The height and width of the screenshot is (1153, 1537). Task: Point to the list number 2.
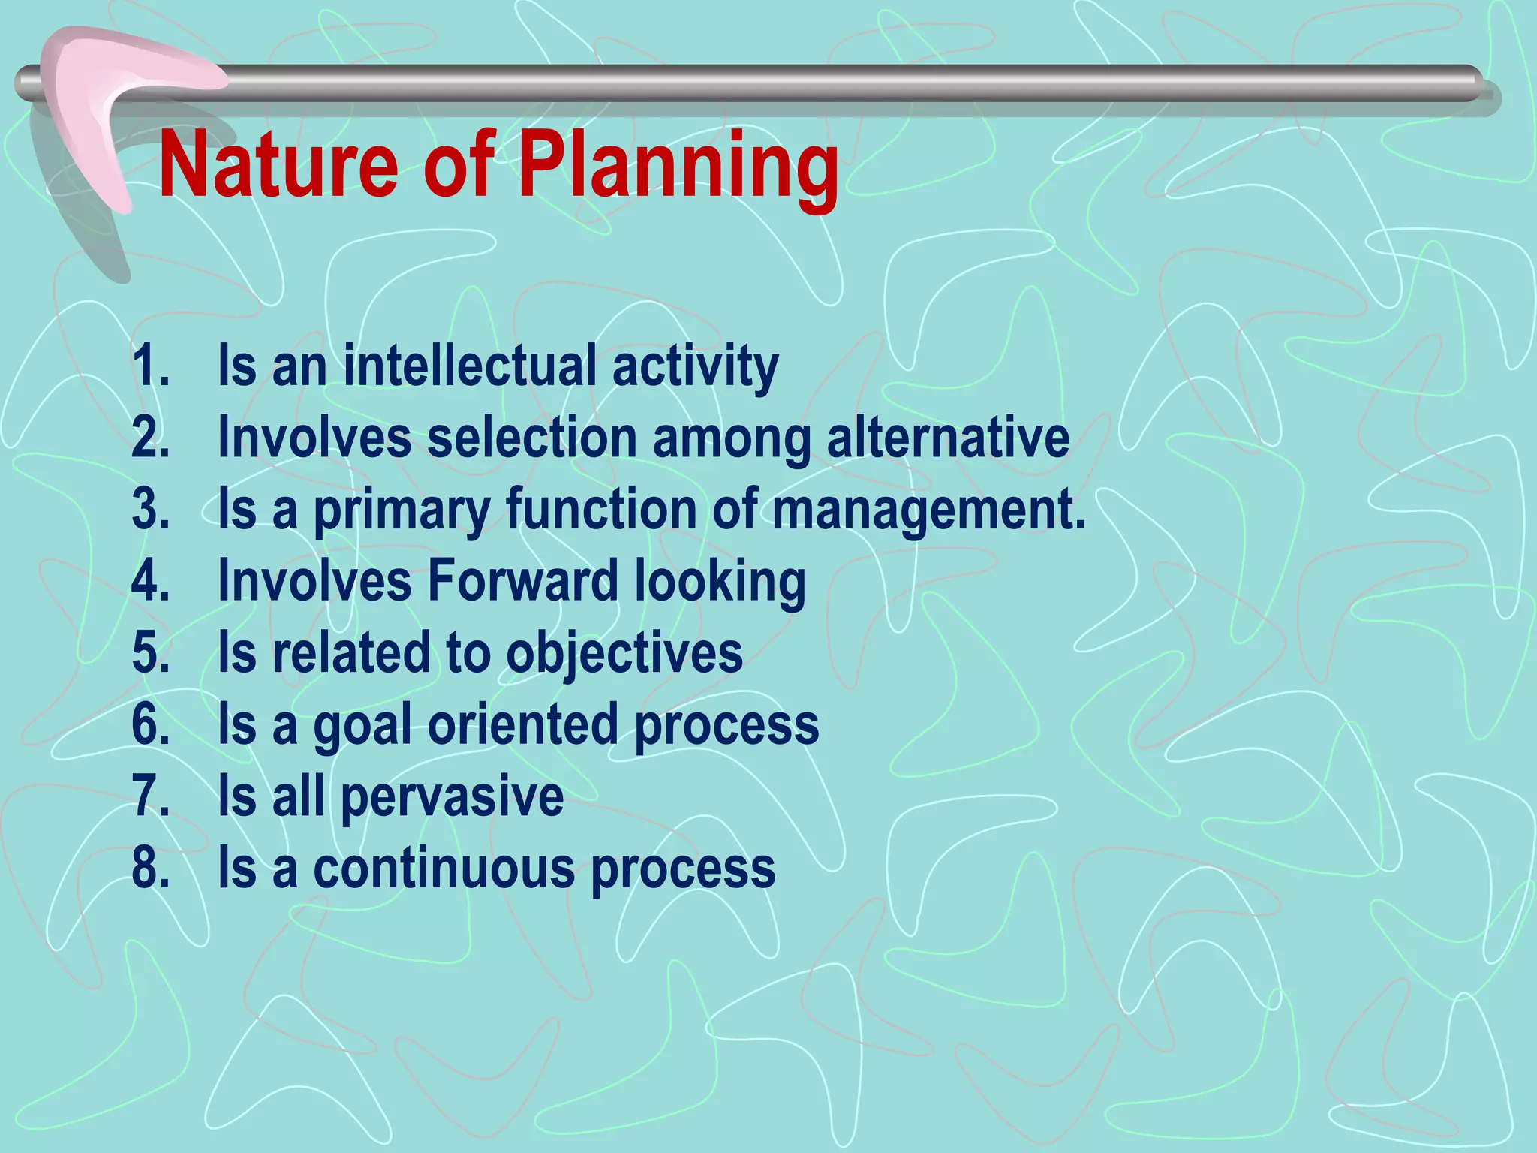[x=150, y=438]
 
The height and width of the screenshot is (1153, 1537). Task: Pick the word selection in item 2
[x=531, y=438]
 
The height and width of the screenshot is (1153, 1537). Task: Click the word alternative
[x=948, y=438]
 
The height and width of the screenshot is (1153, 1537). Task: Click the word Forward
[x=522, y=580]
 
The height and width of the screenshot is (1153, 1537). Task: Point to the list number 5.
[x=150, y=652]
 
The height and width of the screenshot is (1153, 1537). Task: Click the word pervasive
[x=452, y=797]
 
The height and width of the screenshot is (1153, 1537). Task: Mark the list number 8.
[x=150, y=868]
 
